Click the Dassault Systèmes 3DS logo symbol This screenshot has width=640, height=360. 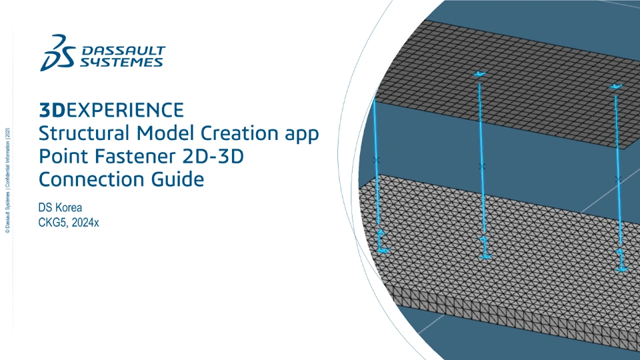point(58,53)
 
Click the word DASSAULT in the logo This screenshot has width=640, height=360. point(124,51)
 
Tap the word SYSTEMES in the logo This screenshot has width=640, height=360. point(121,62)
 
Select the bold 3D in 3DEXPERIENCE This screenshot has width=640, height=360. point(52,110)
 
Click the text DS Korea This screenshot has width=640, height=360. point(60,207)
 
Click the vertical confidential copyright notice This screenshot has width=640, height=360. point(7,181)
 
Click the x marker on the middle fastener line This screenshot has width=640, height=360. point(482,167)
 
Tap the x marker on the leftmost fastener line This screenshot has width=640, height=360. point(376,161)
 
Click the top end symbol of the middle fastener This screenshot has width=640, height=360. point(479,74)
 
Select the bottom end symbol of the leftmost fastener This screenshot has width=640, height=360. point(381,241)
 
